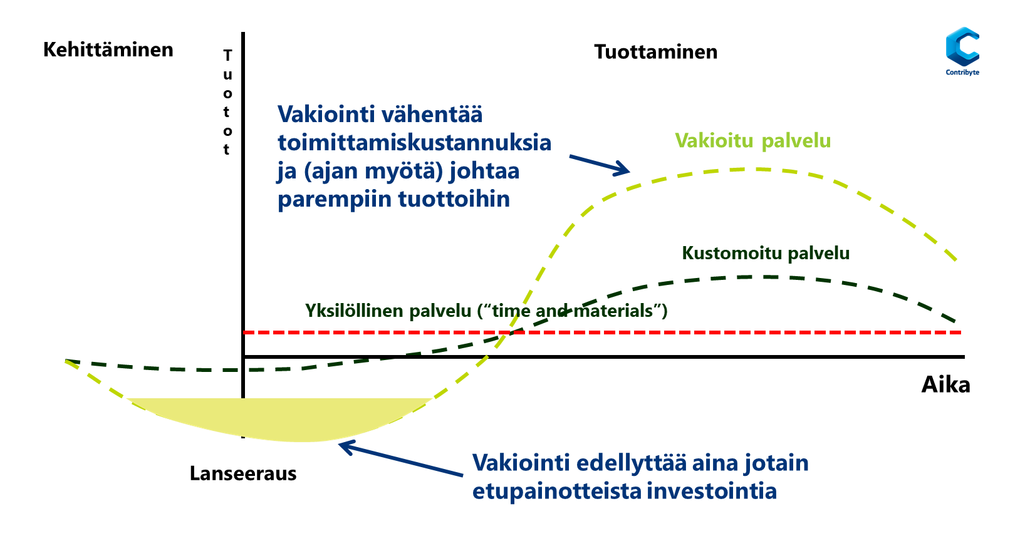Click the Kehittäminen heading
point(108,50)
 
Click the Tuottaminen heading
point(656,52)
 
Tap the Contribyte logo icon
point(962,46)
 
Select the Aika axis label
point(945,384)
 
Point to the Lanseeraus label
point(243,473)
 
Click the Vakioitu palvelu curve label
point(752,140)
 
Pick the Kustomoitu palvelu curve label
point(766,253)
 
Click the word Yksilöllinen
point(355,311)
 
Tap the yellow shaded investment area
point(279,417)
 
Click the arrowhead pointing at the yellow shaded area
point(345,447)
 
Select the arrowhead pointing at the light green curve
point(622,168)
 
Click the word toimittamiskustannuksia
point(414,143)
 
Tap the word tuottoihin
point(454,199)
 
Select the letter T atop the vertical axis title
point(227,55)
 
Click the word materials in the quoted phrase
point(613,311)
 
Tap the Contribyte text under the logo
point(962,72)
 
